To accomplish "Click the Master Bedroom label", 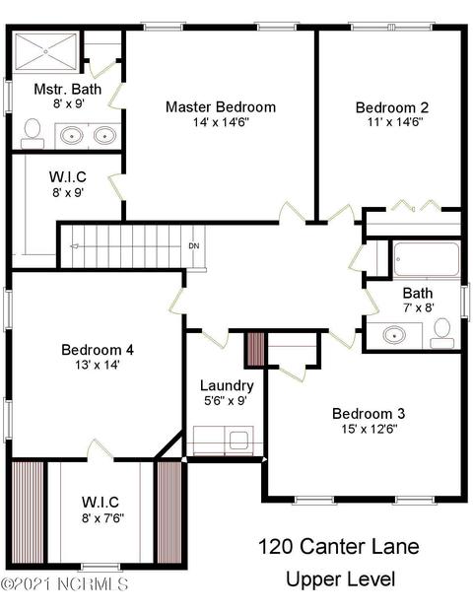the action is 221,107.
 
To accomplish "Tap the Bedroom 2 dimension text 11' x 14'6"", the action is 395,122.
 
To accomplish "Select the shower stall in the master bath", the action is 45,51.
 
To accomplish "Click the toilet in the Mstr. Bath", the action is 33,133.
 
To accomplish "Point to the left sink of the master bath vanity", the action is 72,136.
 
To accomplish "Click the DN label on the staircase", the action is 194,246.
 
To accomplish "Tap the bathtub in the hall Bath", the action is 426,259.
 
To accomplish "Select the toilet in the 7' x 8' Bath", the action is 442,333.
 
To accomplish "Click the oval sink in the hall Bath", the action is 394,335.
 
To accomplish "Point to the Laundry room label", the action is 227,385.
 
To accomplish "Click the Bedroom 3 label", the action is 369,413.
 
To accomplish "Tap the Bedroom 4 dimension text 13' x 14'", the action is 98,365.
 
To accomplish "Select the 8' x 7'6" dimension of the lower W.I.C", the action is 102,518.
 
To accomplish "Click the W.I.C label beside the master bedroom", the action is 68,176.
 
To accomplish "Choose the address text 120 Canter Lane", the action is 339,546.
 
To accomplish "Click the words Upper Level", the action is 341,579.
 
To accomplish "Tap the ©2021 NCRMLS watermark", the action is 64,584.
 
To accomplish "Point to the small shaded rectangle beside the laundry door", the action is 255,349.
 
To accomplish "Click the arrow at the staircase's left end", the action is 74,246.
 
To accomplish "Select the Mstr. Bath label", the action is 68,89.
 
